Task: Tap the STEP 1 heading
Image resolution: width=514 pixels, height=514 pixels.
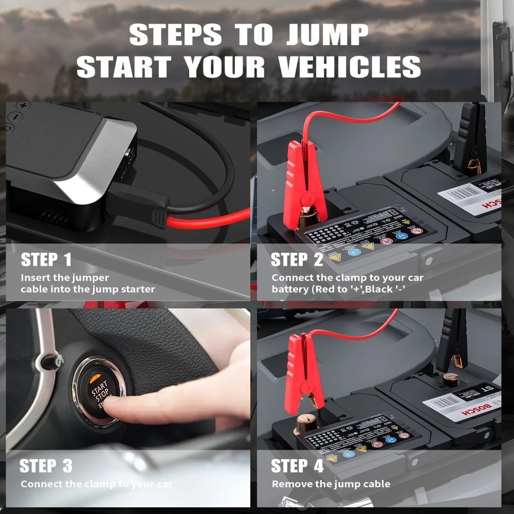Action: point(46,260)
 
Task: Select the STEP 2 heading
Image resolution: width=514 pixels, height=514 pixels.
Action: point(297,260)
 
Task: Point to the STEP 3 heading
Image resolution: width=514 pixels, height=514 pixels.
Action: point(46,466)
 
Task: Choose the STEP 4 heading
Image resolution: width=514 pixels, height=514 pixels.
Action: point(297,466)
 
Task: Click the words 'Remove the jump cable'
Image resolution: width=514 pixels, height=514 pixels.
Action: point(331,484)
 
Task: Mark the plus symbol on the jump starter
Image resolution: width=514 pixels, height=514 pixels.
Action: point(23,106)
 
